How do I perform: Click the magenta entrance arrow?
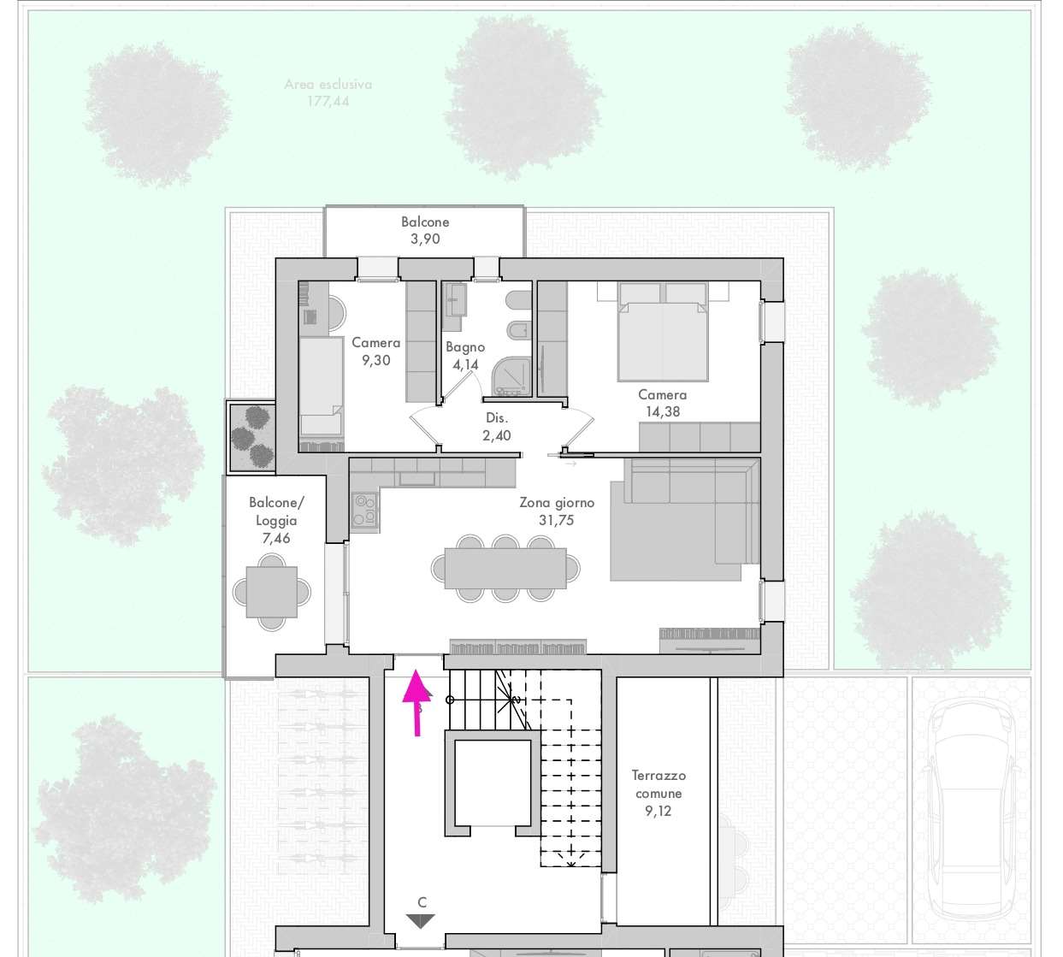click(417, 702)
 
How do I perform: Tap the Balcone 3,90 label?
click(425, 230)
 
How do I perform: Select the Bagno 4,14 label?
click(465, 356)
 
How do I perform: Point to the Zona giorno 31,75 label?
click(557, 511)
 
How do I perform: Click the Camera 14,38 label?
click(663, 403)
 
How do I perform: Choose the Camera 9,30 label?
click(375, 351)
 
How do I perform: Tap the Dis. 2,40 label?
click(497, 427)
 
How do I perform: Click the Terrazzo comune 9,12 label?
click(658, 793)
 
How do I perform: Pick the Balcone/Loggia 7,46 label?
click(276, 520)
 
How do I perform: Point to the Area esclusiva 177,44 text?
click(328, 92)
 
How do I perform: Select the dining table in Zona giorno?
click(505, 569)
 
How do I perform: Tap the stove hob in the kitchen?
click(364, 509)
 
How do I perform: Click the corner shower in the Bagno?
click(511, 377)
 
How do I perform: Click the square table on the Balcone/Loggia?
click(271, 592)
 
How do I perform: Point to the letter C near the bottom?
click(422, 902)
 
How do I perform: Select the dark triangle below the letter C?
click(421, 921)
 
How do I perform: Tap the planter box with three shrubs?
click(251, 437)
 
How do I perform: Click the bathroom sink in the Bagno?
click(455, 298)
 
